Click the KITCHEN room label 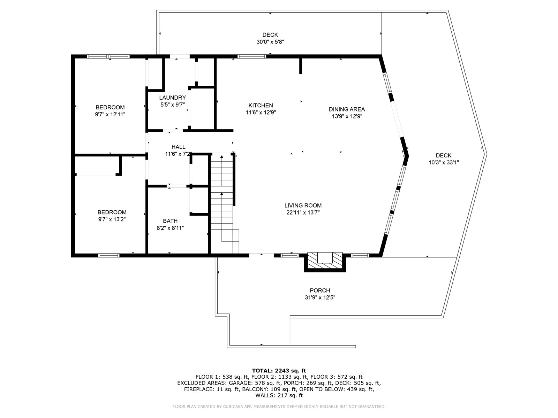[x=261, y=105]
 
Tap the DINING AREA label [x=347, y=109]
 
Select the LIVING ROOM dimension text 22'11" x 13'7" [x=303, y=212]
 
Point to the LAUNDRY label [x=172, y=98]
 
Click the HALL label [x=178, y=147]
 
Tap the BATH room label [x=170, y=221]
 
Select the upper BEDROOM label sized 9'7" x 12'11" [x=110, y=107]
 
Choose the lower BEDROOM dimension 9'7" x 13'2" [x=112, y=219]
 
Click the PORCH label [x=320, y=291]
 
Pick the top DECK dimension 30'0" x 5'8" [x=270, y=42]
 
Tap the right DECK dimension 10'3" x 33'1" [x=444, y=162]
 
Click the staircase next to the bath [x=222, y=202]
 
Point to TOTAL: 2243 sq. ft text [x=279, y=371]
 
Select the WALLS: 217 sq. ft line [x=279, y=395]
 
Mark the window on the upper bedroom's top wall [x=108, y=56]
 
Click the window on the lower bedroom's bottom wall [x=109, y=255]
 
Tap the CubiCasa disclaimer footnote [x=279, y=407]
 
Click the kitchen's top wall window [x=252, y=56]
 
